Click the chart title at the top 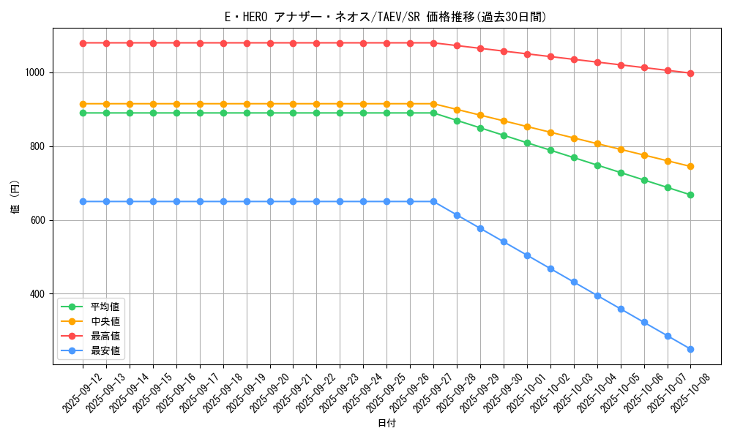[x=385, y=16]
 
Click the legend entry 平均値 [x=105, y=307]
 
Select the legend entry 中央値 [x=105, y=321]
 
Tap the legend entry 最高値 [x=105, y=336]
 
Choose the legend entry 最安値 [x=105, y=350]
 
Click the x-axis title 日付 [x=386, y=424]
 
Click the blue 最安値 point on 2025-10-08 [x=690, y=349]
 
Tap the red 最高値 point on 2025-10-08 [x=690, y=73]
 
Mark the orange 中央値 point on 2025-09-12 [x=83, y=104]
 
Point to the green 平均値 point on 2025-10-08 [x=690, y=195]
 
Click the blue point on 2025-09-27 [x=433, y=201]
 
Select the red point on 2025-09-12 [x=83, y=43]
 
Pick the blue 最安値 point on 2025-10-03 [x=574, y=282]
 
